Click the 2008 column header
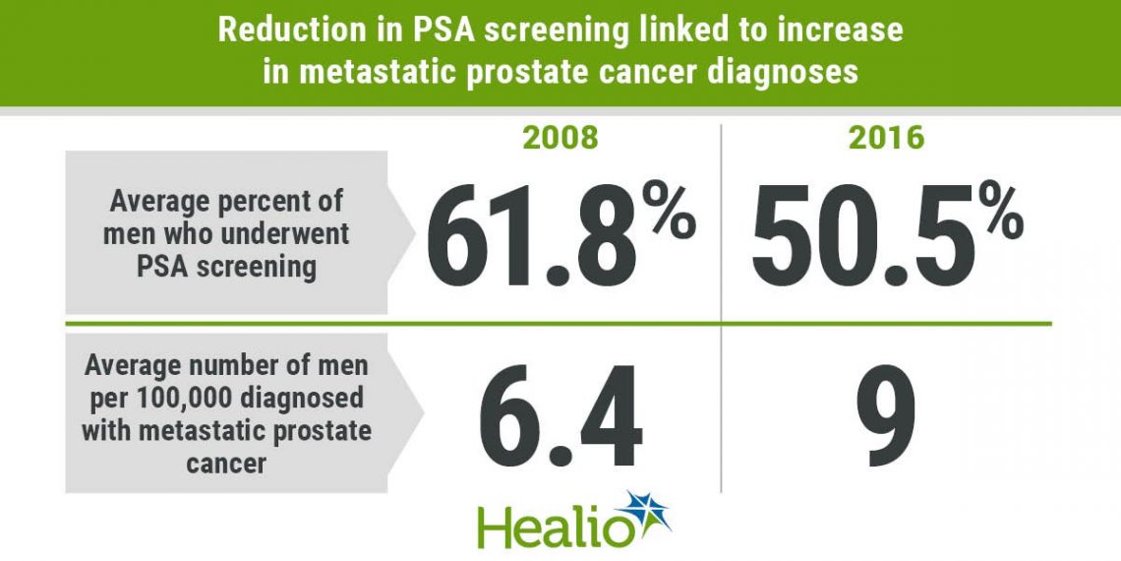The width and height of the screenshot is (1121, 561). point(560,138)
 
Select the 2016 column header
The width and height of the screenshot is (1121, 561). point(887,138)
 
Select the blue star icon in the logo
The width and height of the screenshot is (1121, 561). point(647,514)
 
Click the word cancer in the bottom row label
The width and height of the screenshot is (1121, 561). point(225,463)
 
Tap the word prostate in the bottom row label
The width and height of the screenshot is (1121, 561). point(324,431)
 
